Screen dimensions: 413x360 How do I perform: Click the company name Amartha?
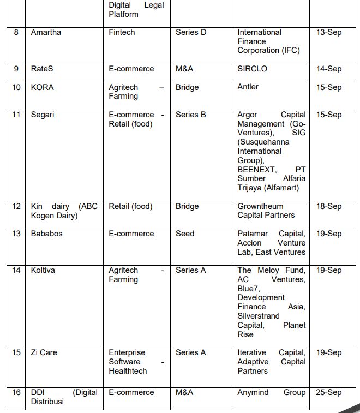tap(46, 33)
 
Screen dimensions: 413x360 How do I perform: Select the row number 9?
tap(16, 69)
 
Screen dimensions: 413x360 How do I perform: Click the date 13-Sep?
tap(329, 33)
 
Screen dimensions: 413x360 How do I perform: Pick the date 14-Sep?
tap(329, 69)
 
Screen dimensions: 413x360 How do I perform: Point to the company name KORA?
tap(43, 87)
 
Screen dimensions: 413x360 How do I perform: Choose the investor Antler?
tap(248, 87)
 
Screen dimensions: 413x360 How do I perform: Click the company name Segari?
tap(43, 115)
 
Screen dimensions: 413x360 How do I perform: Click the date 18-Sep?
tap(329, 207)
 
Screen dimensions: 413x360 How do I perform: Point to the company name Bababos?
tap(47, 234)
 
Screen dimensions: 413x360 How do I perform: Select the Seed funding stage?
tap(185, 234)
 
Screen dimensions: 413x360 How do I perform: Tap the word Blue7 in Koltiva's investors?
tap(248, 289)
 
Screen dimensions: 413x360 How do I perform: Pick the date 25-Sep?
tap(329, 393)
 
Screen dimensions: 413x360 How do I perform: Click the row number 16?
tap(16, 393)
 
